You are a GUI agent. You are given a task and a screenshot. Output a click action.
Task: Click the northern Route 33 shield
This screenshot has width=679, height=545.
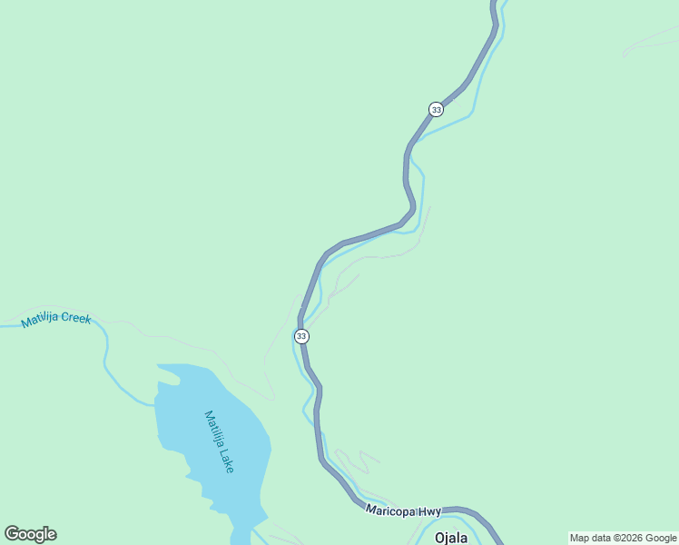pyautogui.click(x=436, y=109)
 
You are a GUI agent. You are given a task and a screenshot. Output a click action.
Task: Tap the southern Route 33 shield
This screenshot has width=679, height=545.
pyautogui.click(x=301, y=336)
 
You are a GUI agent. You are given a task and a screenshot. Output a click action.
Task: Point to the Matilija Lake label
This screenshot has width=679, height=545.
pyautogui.click(x=220, y=441)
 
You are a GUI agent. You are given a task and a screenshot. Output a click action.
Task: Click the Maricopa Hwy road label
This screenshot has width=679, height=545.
pyautogui.click(x=403, y=512)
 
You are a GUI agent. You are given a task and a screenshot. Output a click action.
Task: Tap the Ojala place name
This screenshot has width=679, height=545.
pyautogui.click(x=451, y=537)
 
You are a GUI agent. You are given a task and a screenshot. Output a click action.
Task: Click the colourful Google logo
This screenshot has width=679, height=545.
pyautogui.click(x=30, y=534)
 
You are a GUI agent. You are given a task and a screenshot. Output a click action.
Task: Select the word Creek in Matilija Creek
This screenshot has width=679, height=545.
pyautogui.click(x=77, y=319)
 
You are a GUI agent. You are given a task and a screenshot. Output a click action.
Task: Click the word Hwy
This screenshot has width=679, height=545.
pyautogui.click(x=429, y=513)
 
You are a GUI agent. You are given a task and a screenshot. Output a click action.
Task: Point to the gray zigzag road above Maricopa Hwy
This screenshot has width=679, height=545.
pyautogui.click(x=358, y=459)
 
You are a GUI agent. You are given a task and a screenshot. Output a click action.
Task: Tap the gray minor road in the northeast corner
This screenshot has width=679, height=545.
pyautogui.click(x=649, y=41)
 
